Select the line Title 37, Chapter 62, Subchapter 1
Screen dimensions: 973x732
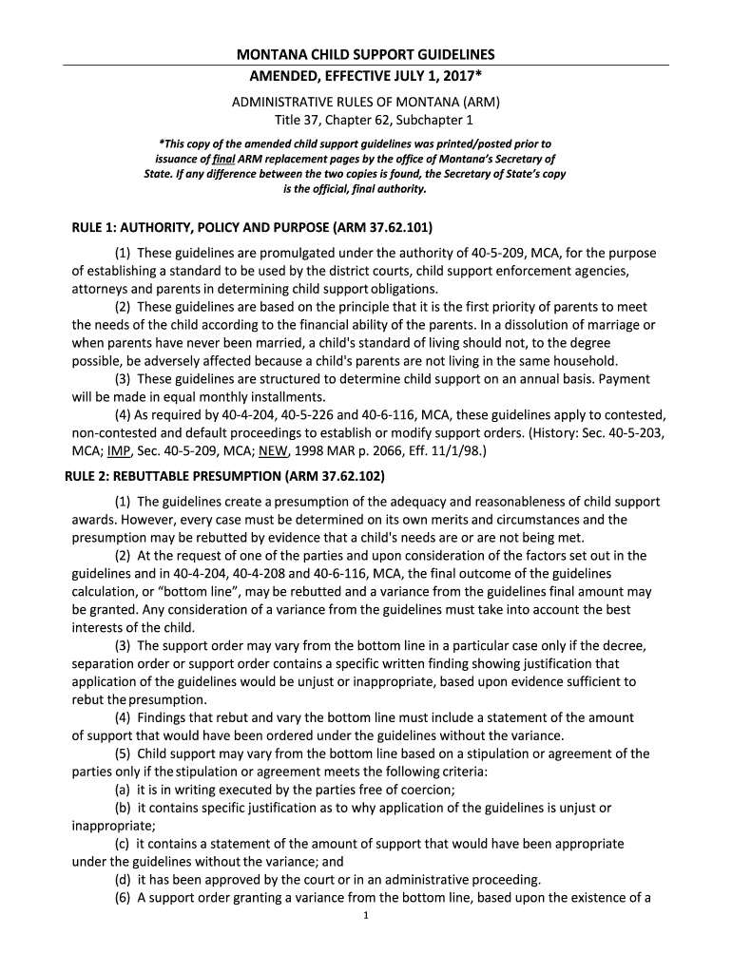[x=366, y=120]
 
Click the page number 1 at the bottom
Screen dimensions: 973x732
[x=366, y=916]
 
